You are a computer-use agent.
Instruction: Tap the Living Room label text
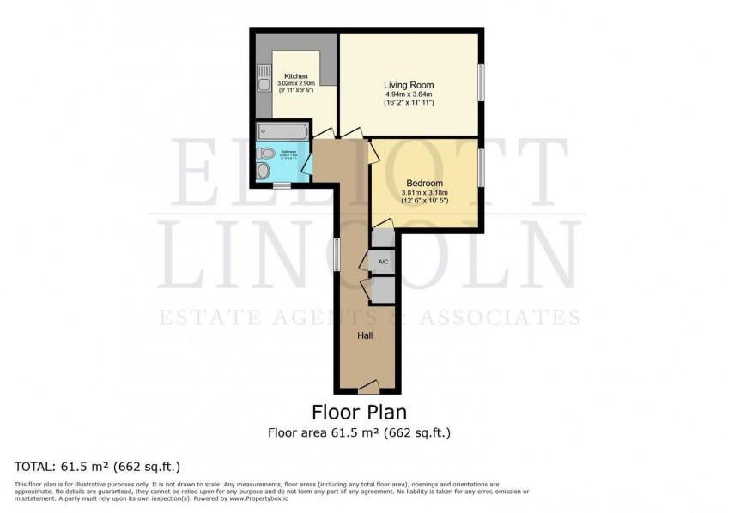(x=408, y=85)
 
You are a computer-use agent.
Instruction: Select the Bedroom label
(x=424, y=183)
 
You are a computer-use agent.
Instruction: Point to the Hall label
(x=365, y=335)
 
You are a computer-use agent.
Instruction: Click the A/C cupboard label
(x=383, y=261)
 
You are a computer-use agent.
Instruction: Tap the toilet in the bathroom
(x=267, y=154)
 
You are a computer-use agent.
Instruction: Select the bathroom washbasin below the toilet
(x=264, y=172)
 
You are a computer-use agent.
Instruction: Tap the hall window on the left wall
(x=336, y=256)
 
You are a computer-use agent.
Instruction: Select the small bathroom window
(x=282, y=184)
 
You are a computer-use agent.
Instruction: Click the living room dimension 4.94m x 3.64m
(x=408, y=94)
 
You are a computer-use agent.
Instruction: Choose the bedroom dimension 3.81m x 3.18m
(x=424, y=192)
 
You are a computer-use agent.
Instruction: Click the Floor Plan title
(x=359, y=413)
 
